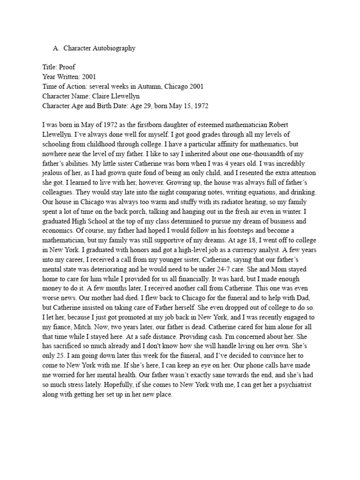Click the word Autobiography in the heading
112,48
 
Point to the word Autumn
157,86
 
